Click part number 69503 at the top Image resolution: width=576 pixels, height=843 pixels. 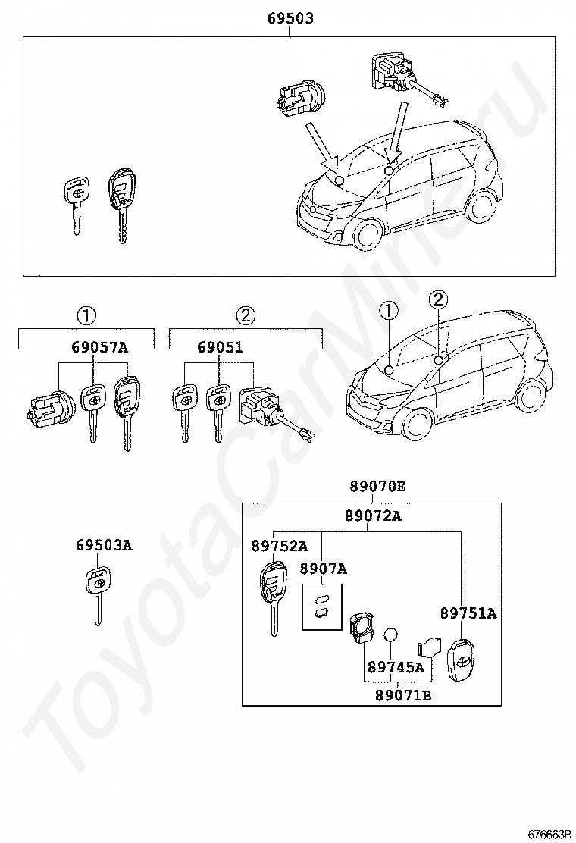pyautogui.click(x=290, y=18)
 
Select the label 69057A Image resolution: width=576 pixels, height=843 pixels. pyautogui.click(x=99, y=348)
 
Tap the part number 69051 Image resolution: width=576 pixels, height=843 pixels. pyautogui.click(x=220, y=348)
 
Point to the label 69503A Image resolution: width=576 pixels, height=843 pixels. pyautogui.click(x=104, y=545)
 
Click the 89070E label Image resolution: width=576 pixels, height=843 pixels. pyautogui.click(x=377, y=487)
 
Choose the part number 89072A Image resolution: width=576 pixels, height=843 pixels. pyautogui.click(x=373, y=516)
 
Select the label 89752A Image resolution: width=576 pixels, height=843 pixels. pyautogui.click(x=280, y=546)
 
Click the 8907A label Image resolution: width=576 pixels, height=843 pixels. pyautogui.click(x=323, y=569)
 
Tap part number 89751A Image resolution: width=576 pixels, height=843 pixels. pyautogui.click(x=468, y=613)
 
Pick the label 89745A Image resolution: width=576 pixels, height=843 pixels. pyautogui.click(x=396, y=668)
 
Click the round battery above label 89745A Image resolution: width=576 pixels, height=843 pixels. pyautogui.click(x=390, y=635)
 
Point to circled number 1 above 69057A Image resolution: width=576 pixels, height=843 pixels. pyautogui.click(x=86, y=315)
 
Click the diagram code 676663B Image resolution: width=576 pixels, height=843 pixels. pyautogui.click(x=549, y=834)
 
